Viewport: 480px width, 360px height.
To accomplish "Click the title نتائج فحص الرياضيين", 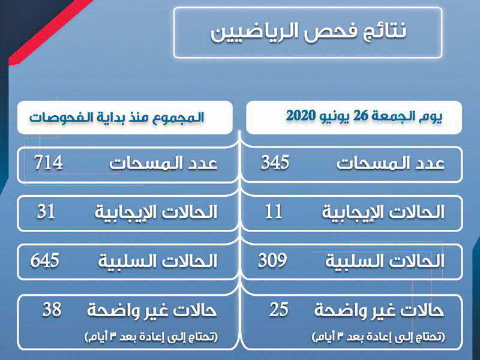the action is coord(308,32).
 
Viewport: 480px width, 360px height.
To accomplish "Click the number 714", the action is coord(49,162).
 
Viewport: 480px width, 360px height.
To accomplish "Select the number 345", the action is coord(275,162).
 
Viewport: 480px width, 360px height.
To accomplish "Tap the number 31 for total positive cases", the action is coord(46,211).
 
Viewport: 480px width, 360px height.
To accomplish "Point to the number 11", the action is coord(274,211).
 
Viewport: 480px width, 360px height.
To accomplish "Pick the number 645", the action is coord(44,260).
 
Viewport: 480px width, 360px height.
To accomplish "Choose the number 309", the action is coord(272,260).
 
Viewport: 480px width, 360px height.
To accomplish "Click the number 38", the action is coord(52,309).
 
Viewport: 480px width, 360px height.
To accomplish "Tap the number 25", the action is coord(279,309).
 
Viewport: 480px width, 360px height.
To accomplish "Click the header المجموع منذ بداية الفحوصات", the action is coord(116,117).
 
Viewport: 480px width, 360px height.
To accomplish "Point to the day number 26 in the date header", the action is coord(360,116).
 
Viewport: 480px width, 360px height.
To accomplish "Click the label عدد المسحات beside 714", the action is coord(163,163).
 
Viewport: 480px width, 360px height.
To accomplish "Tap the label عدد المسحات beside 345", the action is coord(391,163).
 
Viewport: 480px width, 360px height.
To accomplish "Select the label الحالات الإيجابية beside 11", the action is coord(383,212).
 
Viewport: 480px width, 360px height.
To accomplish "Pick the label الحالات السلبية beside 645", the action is coord(158,261).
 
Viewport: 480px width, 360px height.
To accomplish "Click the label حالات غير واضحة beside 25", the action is coord(379,311).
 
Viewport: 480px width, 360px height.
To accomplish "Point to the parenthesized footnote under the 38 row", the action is coord(151,337).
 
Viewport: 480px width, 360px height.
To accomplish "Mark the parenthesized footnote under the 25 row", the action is coord(378,337).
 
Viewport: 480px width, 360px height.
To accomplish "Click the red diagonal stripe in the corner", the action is coord(49,33).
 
